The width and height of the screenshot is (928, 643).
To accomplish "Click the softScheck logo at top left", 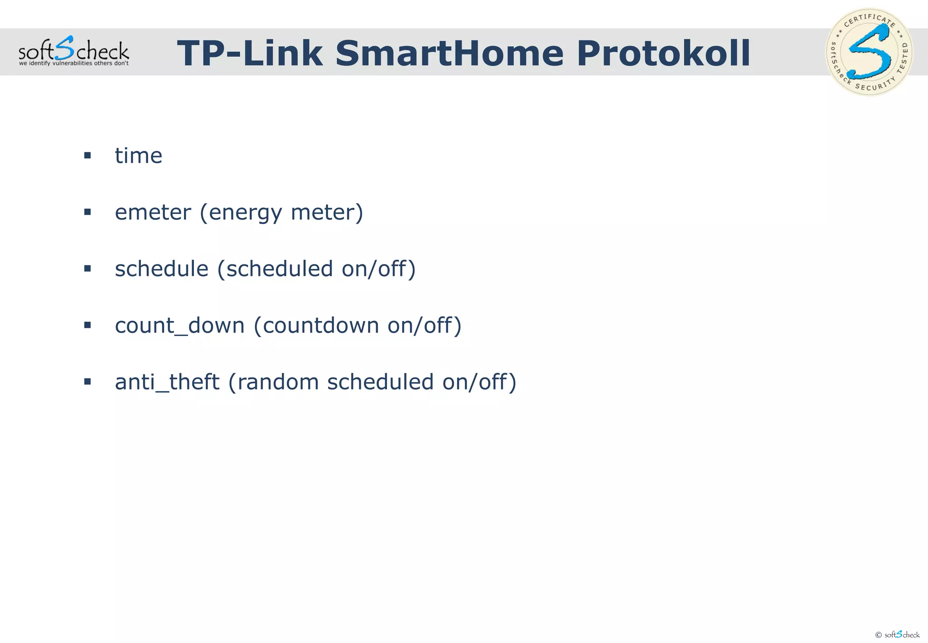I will point(73,50).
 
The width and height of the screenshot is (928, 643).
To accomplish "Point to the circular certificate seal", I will point(869,52).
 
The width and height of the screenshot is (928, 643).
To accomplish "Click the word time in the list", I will point(138,156).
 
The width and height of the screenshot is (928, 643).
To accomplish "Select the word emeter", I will point(153,212).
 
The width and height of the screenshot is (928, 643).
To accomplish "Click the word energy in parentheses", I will point(245,212).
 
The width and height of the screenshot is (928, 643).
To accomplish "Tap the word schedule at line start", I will point(161,268).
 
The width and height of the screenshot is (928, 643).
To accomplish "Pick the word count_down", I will point(179,326).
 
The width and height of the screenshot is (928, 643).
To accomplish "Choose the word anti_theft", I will point(167,382).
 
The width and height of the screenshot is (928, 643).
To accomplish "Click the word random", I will point(278,382).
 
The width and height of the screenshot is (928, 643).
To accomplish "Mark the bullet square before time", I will point(87,156).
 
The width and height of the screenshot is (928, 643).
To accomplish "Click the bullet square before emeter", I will point(87,212).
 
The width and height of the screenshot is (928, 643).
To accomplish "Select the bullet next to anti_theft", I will point(87,382).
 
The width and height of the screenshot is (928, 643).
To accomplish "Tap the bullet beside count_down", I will point(87,325).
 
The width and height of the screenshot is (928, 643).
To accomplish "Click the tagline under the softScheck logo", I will point(73,63).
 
